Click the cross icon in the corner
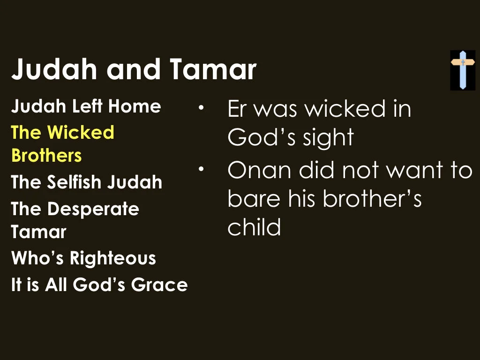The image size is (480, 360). [463, 70]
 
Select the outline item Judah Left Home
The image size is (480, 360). [86, 106]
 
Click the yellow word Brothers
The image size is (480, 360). [46, 155]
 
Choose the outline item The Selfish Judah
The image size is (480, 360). [87, 182]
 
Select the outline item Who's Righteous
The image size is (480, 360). [83, 258]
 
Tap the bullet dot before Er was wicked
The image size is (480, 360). [201, 108]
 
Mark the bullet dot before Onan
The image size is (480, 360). [201, 169]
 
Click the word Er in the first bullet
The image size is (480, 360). [236, 109]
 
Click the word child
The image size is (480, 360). [254, 227]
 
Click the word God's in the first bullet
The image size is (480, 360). [261, 138]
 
